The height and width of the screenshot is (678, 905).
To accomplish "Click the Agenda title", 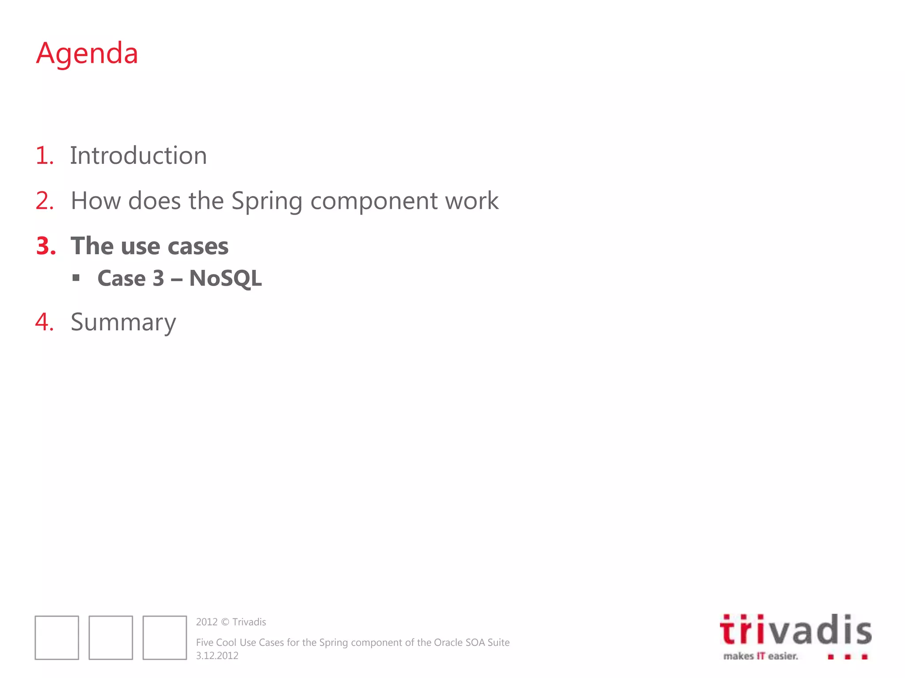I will pyautogui.click(x=87, y=53).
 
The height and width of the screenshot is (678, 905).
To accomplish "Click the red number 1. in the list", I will pyautogui.click(x=45, y=156).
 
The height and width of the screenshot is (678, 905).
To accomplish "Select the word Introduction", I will pyautogui.click(x=138, y=156).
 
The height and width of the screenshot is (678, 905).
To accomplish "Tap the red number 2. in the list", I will pyautogui.click(x=45, y=201).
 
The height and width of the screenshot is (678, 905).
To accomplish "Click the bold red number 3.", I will pyautogui.click(x=46, y=246).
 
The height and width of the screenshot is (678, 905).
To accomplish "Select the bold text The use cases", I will pyautogui.click(x=149, y=246).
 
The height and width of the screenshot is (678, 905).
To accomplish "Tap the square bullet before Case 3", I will pyautogui.click(x=76, y=278).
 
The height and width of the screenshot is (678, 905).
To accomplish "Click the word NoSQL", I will pyautogui.click(x=225, y=279).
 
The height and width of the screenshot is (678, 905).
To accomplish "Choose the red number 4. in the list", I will pyautogui.click(x=45, y=322).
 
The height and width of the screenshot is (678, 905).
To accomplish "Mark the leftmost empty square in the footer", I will pyautogui.click(x=57, y=637).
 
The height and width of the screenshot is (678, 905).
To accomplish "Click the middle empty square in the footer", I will pyautogui.click(x=111, y=637).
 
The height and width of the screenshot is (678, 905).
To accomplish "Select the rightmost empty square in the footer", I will pyautogui.click(x=165, y=637).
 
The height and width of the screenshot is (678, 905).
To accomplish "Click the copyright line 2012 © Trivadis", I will pyautogui.click(x=231, y=622).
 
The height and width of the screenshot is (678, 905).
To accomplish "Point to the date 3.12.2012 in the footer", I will pyautogui.click(x=217, y=655).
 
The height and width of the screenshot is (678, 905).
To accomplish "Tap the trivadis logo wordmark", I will pyautogui.click(x=795, y=630).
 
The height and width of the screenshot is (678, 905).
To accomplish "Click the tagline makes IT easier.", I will pyautogui.click(x=761, y=656).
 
